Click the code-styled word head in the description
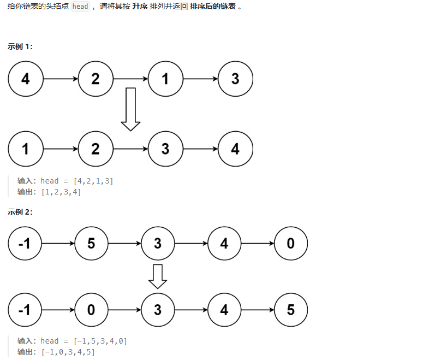[x=80, y=7]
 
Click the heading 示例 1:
[x=20, y=46]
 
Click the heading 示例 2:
[x=20, y=212]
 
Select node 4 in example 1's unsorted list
[x=26, y=79]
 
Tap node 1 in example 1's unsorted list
[x=165, y=79]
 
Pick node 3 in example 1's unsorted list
[x=235, y=79]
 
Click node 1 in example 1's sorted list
[x=26, y=149]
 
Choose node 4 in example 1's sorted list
[x=235, y=149]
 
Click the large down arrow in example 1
[x=130, y=109]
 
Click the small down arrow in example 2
[x=158, y=276]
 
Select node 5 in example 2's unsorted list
[x=91, y=243]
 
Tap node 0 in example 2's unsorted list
[x=290, y=243]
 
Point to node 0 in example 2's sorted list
[x=91, y=310]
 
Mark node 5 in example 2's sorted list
[x=290, y=310]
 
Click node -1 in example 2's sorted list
[x=25, y=310]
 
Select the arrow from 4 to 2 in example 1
[x=60, y=79]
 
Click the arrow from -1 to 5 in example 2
[x=58, y=243]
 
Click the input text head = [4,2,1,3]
[x=77, y=181]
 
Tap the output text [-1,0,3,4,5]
[x=68, y=352]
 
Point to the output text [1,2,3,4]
[x=61, y=192]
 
